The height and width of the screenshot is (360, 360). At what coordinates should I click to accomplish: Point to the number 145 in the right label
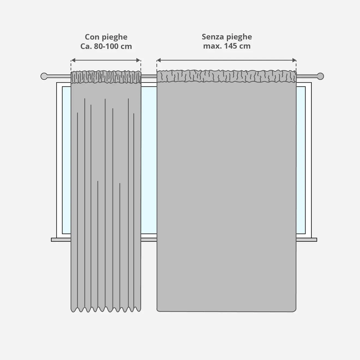(x=230, y=46)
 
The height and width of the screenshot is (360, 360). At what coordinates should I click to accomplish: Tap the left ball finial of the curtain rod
(x=44, y=76)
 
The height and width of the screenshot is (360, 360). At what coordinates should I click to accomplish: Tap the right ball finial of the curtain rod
(x=320, y=76)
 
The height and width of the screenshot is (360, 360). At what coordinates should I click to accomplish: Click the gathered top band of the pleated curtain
(x=106, y=77)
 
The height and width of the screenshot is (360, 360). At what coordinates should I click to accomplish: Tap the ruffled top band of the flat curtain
(x=226, y=76)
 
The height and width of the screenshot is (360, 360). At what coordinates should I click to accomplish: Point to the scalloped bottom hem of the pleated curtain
(x=106, y=309)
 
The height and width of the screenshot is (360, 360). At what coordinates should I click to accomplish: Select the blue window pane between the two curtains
(x=149, y=161)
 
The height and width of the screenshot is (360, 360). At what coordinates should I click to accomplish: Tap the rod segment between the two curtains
(x=149, y=76)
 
